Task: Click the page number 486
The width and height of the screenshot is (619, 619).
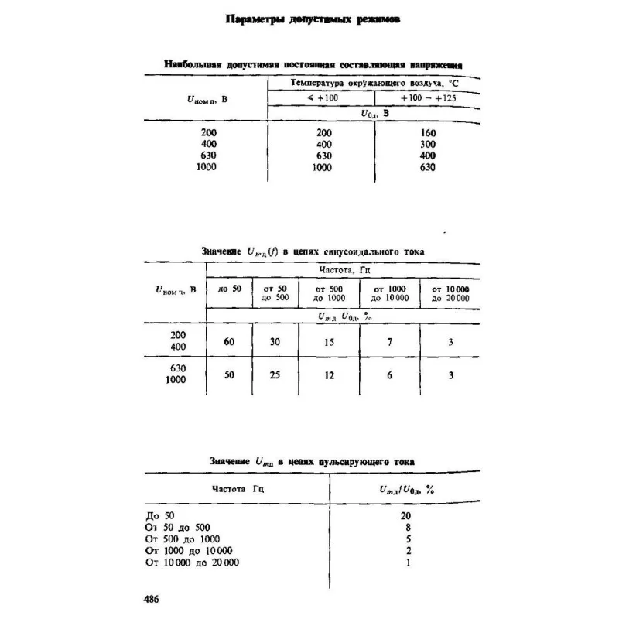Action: pyautogui.click(x=152, y=599)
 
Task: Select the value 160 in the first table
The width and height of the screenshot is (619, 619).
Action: pyautogui.click(x=428, y=133)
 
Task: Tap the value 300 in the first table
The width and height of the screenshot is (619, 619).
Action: pyautogui.click(x=428, y=145)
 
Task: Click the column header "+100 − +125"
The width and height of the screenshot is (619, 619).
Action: pyautogui.click(x=427, y=97)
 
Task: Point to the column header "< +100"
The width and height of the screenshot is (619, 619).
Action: pyautogui.click(x=321, y=97)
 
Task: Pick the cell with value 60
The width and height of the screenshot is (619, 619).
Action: pyautogui.click(x=229, y=342)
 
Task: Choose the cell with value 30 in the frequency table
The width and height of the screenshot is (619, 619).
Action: pyautogui.click(x=275, y=342)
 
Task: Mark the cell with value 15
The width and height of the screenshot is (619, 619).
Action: pyautogui.click(x=329, y=342)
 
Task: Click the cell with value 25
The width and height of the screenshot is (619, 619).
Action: pyautogui.click(x=275, y=375)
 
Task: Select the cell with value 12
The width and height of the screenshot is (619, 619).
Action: pyautogui.click(x=329, y=375)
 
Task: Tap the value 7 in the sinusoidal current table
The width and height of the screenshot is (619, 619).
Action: pyautogui.click(x=390, y=342)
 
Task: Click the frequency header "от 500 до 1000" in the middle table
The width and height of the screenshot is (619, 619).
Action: pyautogui.click(x=329, y=292)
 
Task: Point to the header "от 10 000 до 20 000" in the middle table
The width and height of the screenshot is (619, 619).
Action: pyautogui.click(x=450, y=292)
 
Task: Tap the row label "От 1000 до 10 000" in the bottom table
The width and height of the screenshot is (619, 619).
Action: pyautogui.click(x=189, y=550)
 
